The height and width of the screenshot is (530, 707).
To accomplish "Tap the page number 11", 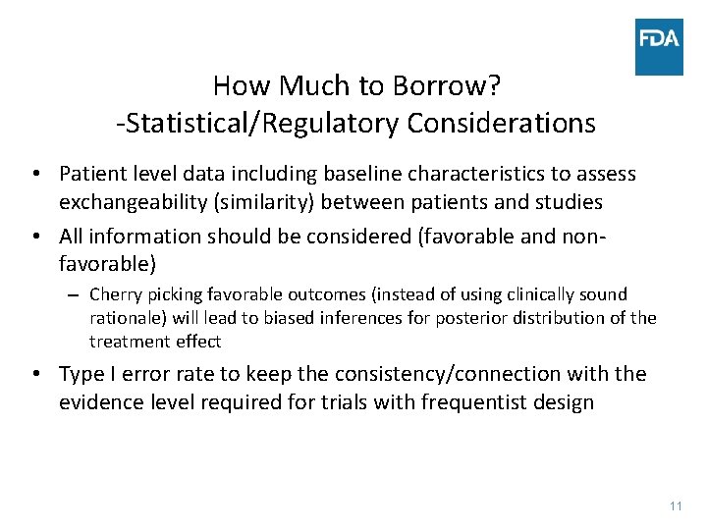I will pos(675,505).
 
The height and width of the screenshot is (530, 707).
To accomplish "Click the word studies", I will pos(569,203).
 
